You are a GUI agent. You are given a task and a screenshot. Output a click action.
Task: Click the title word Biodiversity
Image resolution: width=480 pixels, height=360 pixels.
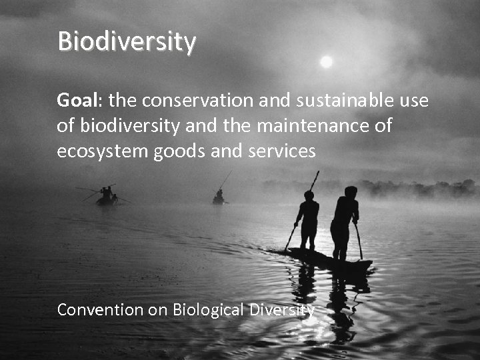(x=127, y=41)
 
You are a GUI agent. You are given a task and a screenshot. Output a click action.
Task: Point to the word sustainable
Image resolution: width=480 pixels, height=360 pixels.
(x=346, y=101)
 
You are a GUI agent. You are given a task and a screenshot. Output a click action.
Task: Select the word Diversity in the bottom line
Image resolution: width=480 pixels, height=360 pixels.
(x=281, y=310)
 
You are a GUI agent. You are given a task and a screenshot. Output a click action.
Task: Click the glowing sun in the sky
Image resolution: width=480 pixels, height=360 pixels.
(x=326, y=62)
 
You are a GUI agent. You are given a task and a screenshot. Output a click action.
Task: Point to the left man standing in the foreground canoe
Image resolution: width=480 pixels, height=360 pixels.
(x=308, y=220)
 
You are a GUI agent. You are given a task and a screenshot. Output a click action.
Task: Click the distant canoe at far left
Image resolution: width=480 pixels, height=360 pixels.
(x=105, y=197)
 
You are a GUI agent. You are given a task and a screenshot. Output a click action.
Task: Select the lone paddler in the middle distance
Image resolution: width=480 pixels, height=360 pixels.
(x=219, y=197)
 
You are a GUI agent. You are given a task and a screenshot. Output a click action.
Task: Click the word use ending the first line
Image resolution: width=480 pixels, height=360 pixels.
(x=415, y=101)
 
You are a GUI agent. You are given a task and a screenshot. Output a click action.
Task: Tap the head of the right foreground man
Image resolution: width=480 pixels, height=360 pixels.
(x=350, y=192)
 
